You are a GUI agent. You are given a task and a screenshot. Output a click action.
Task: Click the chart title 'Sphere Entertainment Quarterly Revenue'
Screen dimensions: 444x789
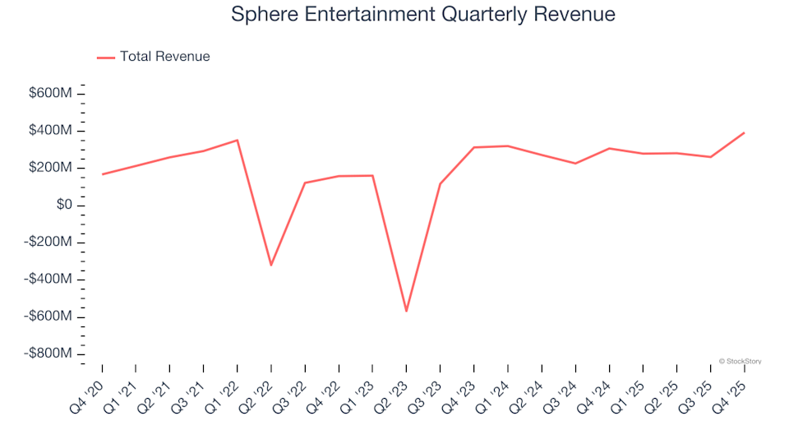coord(423,15)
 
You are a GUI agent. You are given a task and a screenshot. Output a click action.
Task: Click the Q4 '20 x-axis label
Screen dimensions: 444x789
coord(90,393)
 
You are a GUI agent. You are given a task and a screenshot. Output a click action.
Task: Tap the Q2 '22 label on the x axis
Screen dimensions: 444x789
coord(258,393)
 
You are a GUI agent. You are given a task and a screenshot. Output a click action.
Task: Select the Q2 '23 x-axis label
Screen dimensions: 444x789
coord(393,393)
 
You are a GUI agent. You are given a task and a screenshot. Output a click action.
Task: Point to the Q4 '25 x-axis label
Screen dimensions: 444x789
coord(731,393)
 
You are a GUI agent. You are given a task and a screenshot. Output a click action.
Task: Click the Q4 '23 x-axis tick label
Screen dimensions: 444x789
coord(460,393)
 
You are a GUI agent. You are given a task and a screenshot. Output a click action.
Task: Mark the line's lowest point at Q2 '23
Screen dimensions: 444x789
coord(406,311)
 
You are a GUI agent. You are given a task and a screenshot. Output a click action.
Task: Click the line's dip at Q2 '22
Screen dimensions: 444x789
coord(271,265)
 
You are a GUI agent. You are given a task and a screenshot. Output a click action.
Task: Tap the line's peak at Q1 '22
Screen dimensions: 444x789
coord(238,140)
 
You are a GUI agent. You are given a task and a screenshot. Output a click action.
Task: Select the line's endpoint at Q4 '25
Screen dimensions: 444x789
coord(744,132)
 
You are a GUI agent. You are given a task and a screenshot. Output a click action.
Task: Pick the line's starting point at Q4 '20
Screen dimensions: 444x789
coord(103,174)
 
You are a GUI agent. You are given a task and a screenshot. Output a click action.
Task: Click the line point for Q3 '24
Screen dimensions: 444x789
coord(575,163)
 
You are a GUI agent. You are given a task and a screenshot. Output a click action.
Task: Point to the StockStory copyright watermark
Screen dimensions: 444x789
coord(740,361)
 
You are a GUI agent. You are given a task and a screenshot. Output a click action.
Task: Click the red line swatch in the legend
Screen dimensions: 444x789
coord(105,58)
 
